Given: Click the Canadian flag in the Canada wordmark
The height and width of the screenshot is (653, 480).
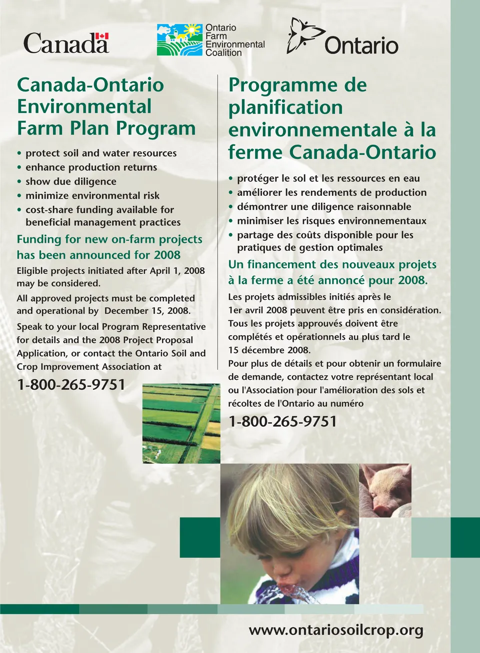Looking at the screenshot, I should click(102, 36).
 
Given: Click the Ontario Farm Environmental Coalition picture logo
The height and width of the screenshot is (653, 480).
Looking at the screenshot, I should click(179, 39).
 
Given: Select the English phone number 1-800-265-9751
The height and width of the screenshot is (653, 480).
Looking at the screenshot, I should click(71, 385).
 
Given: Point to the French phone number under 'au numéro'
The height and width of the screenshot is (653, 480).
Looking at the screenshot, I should click(282, 421).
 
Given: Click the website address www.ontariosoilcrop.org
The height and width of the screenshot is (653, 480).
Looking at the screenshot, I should click(336, 630).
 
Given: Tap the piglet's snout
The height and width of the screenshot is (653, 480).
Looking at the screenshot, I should click(381, 509).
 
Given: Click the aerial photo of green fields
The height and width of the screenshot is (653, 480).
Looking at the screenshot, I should click(181, 423).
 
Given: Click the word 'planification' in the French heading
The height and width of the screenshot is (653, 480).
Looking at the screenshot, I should click(285, 107).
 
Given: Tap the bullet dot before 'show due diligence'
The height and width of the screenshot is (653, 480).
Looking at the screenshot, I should click(19, 182).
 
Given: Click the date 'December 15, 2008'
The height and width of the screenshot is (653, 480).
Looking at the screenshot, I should click(147, 311).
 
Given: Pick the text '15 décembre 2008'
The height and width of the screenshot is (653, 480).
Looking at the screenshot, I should click(269, 350).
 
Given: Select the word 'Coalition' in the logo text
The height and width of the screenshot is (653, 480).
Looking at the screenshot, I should click(223, 52).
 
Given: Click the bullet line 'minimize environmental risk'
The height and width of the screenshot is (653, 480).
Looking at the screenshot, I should click(92, 195).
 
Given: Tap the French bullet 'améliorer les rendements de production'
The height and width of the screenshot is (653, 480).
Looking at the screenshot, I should click(331, 192).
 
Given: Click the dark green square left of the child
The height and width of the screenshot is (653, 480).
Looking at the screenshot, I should click(200, 538).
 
